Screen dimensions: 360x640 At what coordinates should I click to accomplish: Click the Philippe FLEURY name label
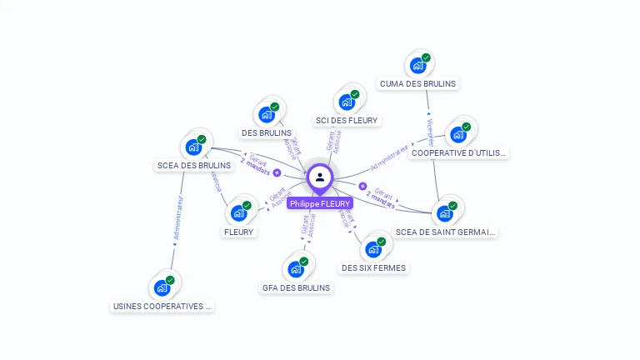tap(320, 203)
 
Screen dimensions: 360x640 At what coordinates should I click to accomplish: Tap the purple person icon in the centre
tap(320, 177)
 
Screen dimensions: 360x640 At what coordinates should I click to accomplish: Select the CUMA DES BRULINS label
tap(418, 83)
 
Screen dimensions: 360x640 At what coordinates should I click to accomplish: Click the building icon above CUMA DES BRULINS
tap(418, 65)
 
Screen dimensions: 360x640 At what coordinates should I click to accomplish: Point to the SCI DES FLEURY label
tap(347, 120)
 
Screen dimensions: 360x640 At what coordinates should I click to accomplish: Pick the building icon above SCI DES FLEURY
tap(347, 102)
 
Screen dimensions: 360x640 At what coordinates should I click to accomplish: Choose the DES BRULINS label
tap(267, 132)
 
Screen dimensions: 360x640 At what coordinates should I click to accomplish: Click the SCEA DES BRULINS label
tap(194, 165)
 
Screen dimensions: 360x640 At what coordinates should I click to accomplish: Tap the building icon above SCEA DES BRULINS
tap(195, 147)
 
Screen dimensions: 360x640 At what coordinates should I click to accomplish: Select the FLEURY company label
tap(238, 232)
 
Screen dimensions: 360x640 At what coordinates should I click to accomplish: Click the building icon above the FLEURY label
tap(239, 213)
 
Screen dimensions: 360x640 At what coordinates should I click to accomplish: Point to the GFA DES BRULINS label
tap(296, 287)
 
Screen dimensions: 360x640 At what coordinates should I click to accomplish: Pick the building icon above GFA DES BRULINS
tap(296, 269)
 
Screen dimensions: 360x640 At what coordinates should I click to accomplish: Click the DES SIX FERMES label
tap(373, 267)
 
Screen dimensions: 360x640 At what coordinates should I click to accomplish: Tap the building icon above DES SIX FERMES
tap(373, 248)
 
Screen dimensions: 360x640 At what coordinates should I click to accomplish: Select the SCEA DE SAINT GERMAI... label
tap(446, 232)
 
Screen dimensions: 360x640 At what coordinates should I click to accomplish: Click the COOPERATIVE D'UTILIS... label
tap(459, 153)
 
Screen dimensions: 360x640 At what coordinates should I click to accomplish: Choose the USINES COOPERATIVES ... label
tap(162, 306)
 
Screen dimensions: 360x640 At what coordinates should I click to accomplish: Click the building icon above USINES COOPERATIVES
tap(162, 287)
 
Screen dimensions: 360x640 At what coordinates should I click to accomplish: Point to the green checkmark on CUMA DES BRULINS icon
tap(426, 57)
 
